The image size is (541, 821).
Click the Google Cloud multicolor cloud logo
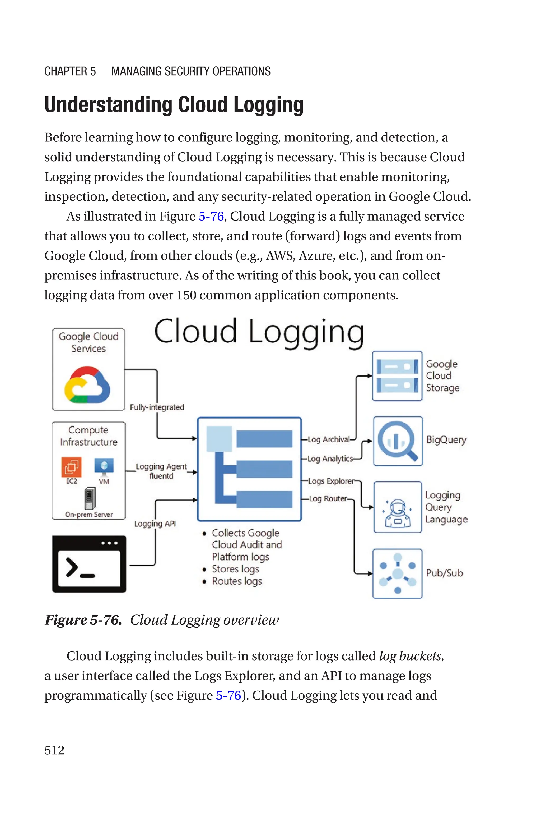87,385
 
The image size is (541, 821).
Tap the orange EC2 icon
71,467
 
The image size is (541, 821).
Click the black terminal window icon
89,564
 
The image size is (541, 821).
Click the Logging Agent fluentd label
161,471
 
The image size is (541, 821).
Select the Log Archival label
328,439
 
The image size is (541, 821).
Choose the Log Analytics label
330,458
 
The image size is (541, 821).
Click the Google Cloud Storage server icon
397,376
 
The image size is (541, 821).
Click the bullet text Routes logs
237,581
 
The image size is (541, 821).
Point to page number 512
54,750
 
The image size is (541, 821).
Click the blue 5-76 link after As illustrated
211,217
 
